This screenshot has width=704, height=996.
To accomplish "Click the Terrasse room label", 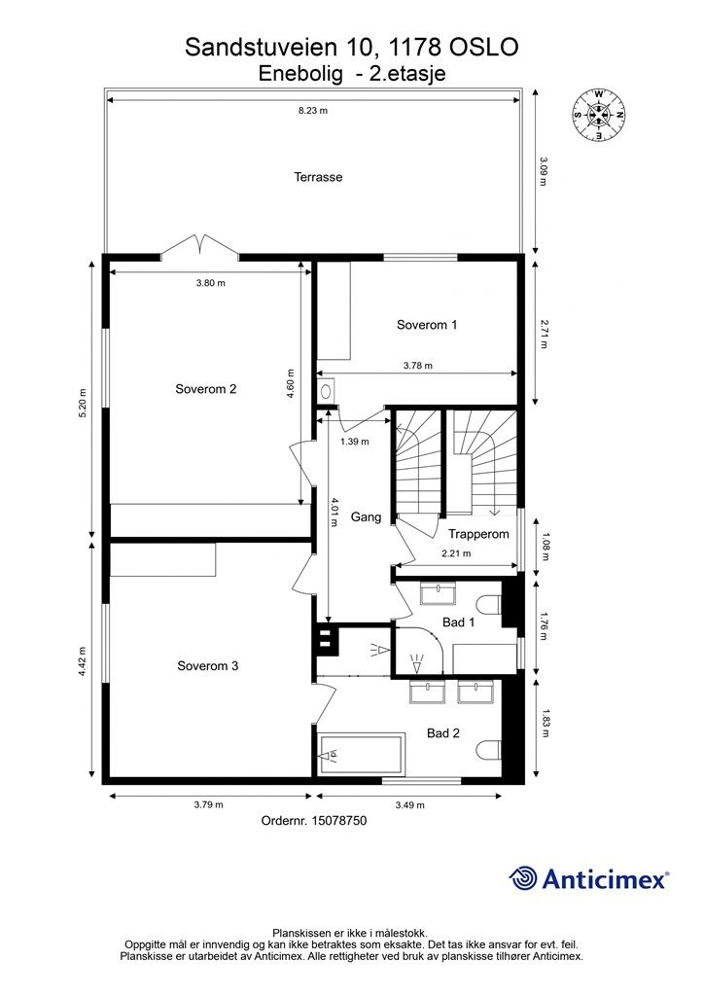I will [318, 177].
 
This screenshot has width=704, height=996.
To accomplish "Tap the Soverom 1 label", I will [426, 325].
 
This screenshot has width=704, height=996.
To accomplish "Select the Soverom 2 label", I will [205, 389].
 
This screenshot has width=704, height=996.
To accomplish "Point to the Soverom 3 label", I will [207, 666].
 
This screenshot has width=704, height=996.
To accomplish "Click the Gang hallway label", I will [366, 517].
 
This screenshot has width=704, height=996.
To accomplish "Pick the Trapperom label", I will [478, 534].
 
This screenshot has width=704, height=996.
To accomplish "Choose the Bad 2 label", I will [443, 732].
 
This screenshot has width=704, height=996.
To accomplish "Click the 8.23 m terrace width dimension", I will [313, 111].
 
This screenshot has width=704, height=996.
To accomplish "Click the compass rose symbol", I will [598, 115].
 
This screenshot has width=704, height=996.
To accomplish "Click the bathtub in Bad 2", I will [363, 755].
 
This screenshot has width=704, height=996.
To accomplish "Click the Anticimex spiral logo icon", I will [524, 878].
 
